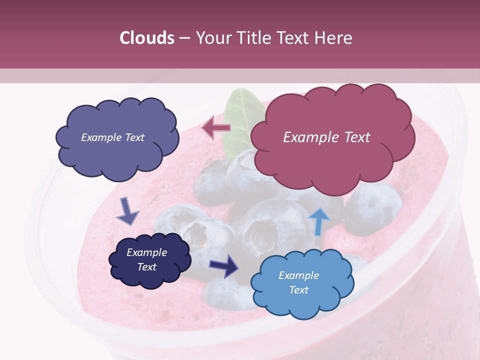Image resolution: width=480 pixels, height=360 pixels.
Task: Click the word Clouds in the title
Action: (x=146, y=38)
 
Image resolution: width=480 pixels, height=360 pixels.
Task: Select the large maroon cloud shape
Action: (x=332, y=150)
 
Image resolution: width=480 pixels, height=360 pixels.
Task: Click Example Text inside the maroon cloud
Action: (x=326, y=137)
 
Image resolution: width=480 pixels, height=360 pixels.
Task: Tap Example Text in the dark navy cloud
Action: (x=146, y=259)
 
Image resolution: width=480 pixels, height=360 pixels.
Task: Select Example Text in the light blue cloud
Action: (x=298, y=282)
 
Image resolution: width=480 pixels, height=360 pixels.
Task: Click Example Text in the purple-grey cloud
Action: (x=112, y=137)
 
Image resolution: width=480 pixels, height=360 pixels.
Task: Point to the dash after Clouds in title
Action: (x=184, y=38)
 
